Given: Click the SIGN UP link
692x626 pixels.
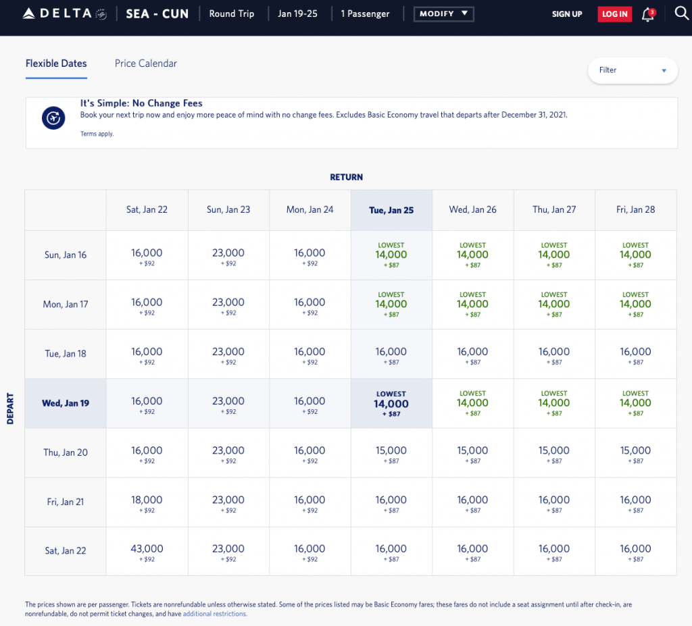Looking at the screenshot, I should pyautogui.click(x=566, y=14).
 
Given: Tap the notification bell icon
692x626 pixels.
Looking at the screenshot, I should pyautogui.click(x=647, y=14).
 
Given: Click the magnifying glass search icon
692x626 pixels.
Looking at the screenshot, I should pyautogui.click(x=681, y=14).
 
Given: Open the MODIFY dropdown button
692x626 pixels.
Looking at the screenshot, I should pyautogui.click(x=443, y=14).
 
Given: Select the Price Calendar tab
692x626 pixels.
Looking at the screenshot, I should pyautogui.click(x=146, y=63).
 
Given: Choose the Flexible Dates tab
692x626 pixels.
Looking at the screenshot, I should pyautogui.click(x=56, y=63).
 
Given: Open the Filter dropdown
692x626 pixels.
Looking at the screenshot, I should pyautogui.click(x=633, y=70).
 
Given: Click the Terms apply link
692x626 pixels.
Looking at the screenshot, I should pyautogui.click(x=97, y=134).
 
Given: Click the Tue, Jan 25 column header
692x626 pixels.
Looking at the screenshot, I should pyautogui.click(x=391, y=210).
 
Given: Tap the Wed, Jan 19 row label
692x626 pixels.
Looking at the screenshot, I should pyautogui.click(x=66, y=403).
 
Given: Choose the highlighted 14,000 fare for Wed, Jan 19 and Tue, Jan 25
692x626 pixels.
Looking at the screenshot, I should pyautogui.click(x=391, y=404).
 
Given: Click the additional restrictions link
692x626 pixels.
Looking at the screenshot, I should pyautogui.click(x=214, y=615).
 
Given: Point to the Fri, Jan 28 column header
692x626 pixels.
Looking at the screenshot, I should pyautogui.click(x=635, y=209).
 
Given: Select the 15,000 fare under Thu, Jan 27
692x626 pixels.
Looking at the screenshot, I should pyautogui.click(x=554, y=453).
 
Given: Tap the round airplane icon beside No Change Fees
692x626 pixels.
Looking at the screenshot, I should pyautogui.click(x=53, y=118).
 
